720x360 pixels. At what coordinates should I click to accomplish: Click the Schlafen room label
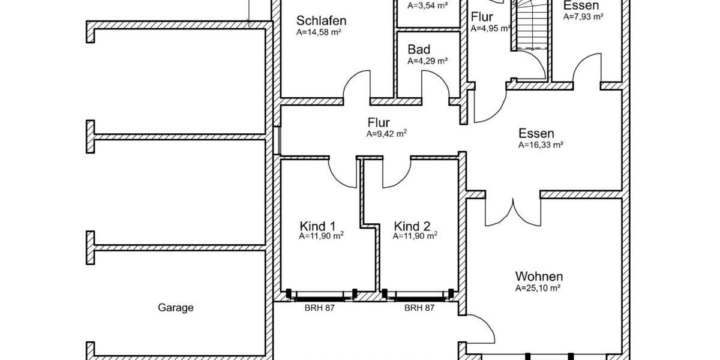pyautogui.click(x=321, y=21)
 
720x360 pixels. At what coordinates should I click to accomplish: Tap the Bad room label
pyautogui.click(x=419, y=49)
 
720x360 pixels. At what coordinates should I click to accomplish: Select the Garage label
pyautogui.click(x=176, y=308)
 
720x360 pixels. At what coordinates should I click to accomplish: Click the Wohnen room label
pyautogui.click(x=539, y=277)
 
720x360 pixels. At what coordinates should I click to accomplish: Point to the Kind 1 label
pyautogui.click(x=317, y=226)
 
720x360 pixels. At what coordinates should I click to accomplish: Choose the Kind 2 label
pyautogui.click(x=412, y=226)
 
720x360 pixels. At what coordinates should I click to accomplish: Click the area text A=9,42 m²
pyautogui.click(x=387, y=134)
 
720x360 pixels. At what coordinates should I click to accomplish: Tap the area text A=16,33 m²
pyautogui.click(x=541, y=145)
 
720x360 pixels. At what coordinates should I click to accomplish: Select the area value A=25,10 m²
pyautogui.click(x=538, y=288)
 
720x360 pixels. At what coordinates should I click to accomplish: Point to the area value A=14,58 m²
pyautogui.click(x=319, y=32)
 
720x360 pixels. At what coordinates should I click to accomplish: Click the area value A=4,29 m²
pyautogui.click(x=428, y=61)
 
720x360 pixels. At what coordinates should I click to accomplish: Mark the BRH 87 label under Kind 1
pyautogui.click(x=320, y=308)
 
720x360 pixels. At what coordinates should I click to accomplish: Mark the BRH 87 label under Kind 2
pyautogui.click(x=419, y=308)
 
